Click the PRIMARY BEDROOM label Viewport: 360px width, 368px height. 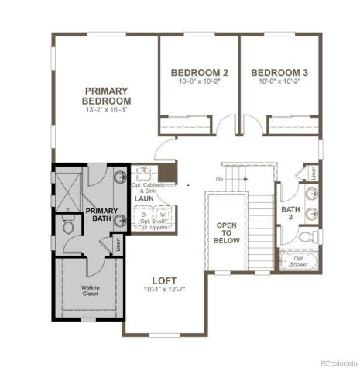108,95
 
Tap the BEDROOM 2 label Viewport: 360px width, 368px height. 199,73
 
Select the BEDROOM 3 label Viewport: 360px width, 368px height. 279,73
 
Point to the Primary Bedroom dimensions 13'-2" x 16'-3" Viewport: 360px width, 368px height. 108,112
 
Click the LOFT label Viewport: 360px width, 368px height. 164,281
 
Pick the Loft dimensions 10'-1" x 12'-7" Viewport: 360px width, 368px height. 164,291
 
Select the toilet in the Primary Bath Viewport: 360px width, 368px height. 68,225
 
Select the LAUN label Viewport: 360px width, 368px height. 144,199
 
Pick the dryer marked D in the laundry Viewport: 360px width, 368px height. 143,215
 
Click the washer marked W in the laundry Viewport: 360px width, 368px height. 163,215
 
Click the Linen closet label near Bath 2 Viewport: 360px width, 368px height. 312,173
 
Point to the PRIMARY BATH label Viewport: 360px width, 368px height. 101,216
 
